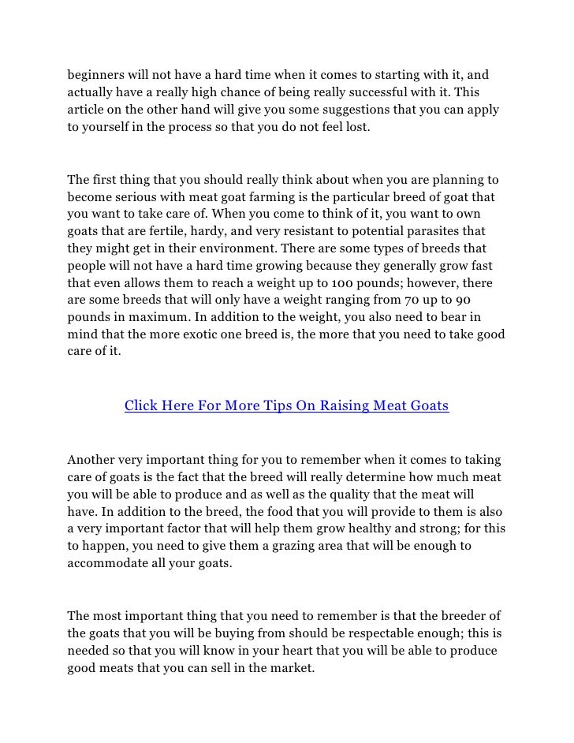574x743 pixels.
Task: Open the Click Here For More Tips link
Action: click(x=286, y=406)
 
